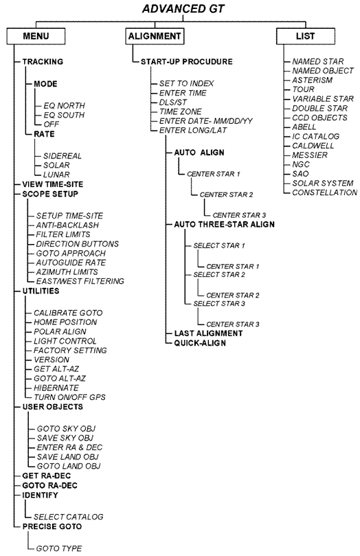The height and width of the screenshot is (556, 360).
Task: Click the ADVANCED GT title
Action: (x=183, y=8)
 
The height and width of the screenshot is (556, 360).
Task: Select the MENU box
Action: (x=36, y=36)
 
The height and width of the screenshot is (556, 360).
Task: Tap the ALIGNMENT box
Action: (x=155, y=36)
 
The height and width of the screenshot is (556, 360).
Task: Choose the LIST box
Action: (x=306, y=36)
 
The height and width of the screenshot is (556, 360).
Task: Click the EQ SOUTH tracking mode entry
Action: (x=64, y=115)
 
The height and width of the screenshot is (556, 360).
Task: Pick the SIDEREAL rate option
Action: (x=63, y=156)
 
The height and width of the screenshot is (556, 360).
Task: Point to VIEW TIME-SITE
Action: (x=53, y=184)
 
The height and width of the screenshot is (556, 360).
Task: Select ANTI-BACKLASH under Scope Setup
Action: (x=67, y=225)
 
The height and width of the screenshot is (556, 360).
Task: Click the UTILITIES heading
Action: (x=41, y=291)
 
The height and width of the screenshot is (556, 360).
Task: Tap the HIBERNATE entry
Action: (x=56, y=388)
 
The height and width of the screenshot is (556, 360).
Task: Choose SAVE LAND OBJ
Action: (x=68, y=457)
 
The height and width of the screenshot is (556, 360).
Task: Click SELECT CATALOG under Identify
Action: (x=69, y=517)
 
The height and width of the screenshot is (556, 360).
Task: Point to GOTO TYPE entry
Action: (x=59, y=548)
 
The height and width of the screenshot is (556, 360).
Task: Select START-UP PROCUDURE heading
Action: (x=187, y=62)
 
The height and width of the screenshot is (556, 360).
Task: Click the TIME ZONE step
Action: (x=181, y=112)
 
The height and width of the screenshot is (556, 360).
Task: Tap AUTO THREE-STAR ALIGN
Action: (x=224, y=225)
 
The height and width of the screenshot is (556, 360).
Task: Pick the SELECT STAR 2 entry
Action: (x=219, y=275)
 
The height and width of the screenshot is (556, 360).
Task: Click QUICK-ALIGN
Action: (x=200, y=343)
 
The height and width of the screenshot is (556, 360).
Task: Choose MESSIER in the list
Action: (x=310, y=155)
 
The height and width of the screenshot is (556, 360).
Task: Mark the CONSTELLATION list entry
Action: (x=324, y=192)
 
